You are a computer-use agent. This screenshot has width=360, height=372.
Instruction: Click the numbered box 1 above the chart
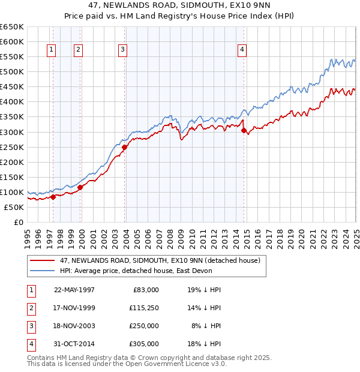click(52, 50)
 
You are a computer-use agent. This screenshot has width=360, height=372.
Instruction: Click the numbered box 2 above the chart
click(79, 50)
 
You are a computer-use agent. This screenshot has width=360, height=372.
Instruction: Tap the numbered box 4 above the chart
click(242, 50)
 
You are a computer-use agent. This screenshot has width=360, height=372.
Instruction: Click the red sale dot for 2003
click(124, 147)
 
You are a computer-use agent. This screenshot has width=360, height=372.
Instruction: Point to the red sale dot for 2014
click(244, 130)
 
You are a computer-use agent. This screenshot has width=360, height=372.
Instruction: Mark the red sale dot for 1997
click(53, 197)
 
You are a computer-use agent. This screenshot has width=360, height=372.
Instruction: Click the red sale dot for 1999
click(80, 187)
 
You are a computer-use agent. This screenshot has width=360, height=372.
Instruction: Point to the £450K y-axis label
click(12, 87)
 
